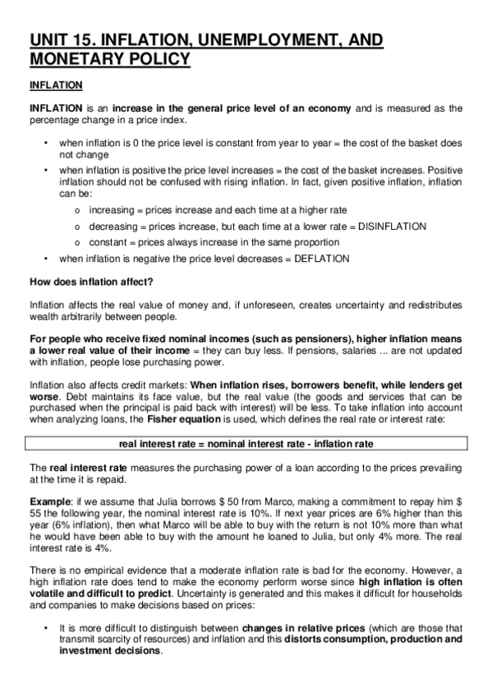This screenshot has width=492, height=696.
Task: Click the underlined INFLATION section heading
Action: [55, 85]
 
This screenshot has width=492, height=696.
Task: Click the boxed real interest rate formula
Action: [246, 443]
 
